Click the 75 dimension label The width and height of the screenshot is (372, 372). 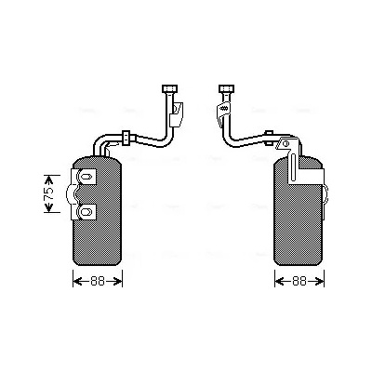tap(48, 194)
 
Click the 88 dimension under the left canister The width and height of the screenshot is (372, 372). tap(98, 281)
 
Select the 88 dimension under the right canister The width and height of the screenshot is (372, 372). tap(299, 281)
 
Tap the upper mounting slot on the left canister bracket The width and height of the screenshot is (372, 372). tap(85, 177)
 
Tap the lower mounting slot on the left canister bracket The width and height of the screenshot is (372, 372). tap(85, 212)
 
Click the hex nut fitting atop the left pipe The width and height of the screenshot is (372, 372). tap(170, 88)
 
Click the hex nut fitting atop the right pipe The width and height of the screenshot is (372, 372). tap(226, 88)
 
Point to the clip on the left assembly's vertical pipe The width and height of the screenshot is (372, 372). tap(177, 113)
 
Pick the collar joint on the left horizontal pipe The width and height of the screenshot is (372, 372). tap(126, 138)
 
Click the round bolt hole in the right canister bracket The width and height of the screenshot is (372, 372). tap(286, 143)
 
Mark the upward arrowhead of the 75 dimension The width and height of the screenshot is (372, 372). tap(48, 179)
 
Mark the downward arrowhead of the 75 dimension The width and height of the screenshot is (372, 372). tap(48, 207)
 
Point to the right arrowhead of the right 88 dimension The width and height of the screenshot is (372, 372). tap(319, 281)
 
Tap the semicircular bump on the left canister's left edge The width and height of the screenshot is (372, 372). tap(69, 194)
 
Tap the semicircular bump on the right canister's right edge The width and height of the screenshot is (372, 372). tap(325, 194)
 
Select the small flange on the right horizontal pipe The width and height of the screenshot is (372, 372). tap(269, 138)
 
